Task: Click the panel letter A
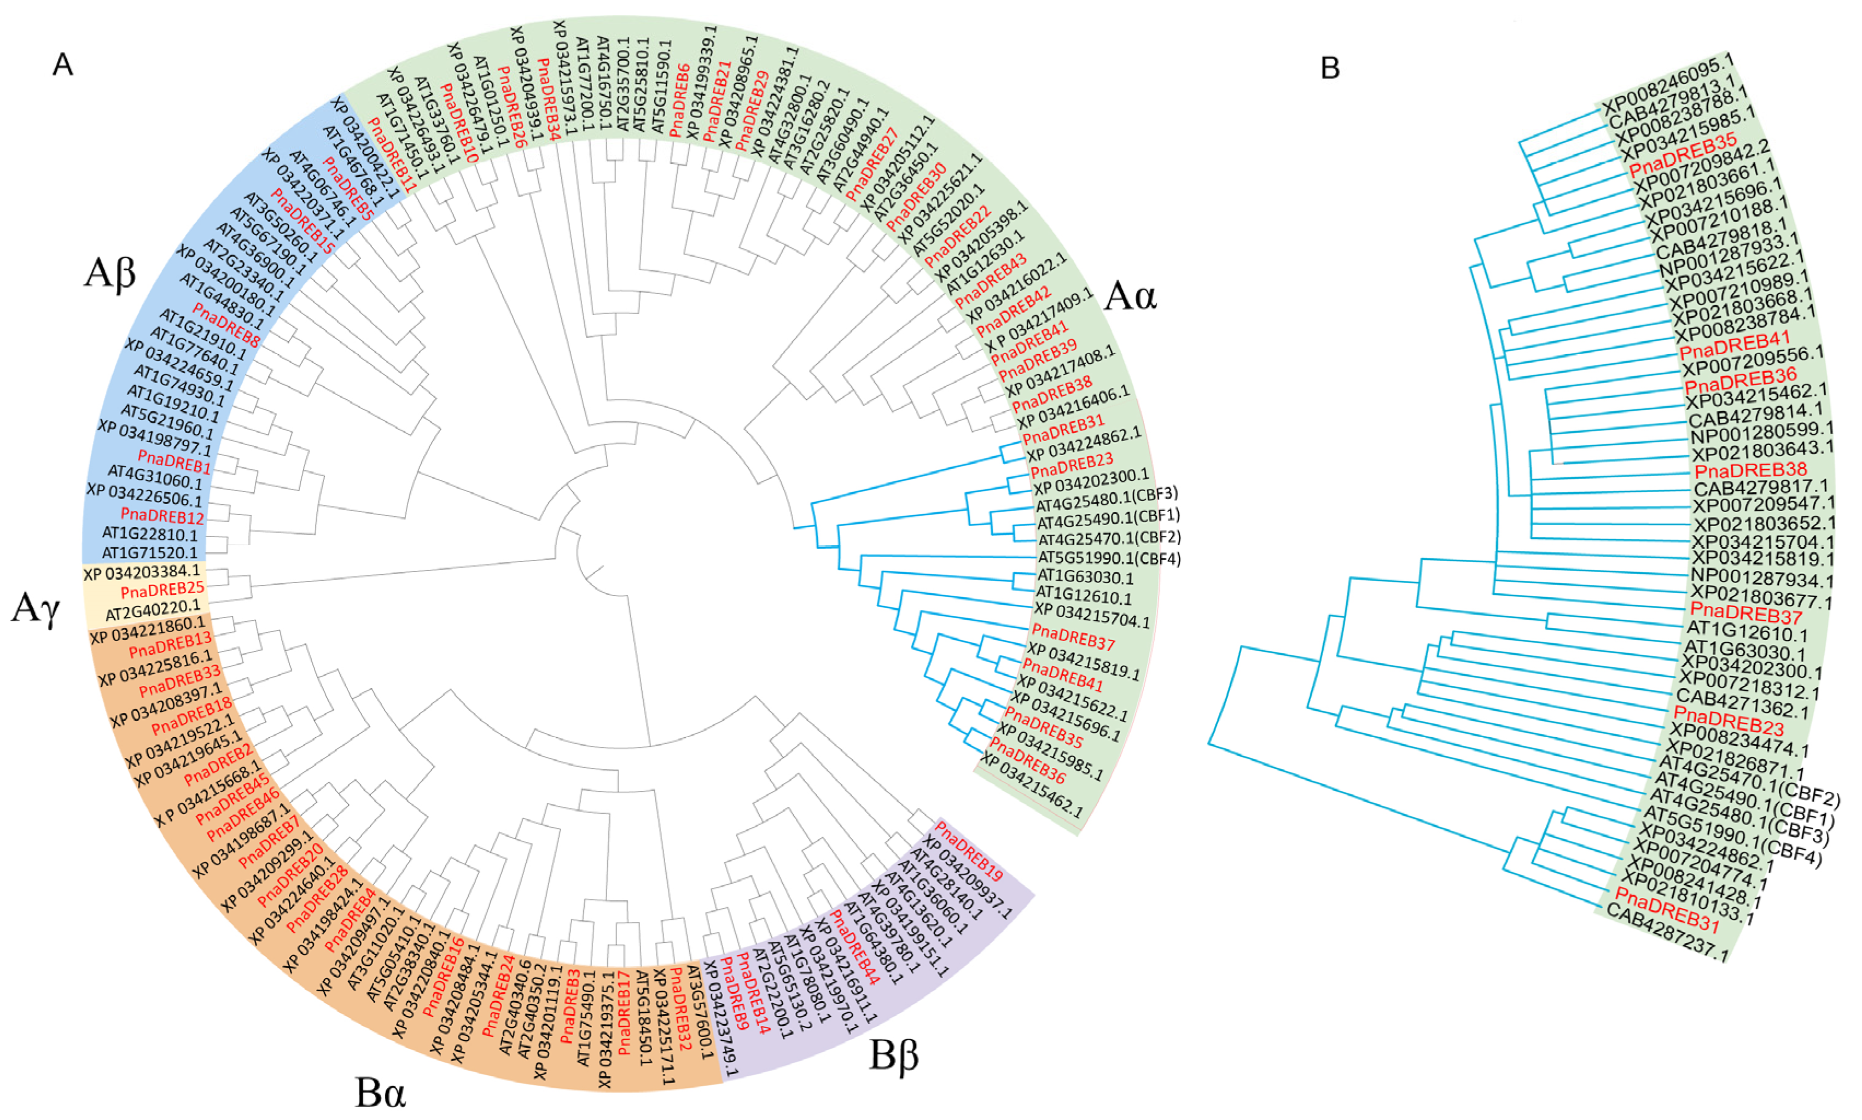tap(63, 66)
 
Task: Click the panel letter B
tap(1330, 69)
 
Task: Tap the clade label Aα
tap(1130, 296)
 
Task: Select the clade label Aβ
tap(110, 273)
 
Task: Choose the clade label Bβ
tap(894, 1055)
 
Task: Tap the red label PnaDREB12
tap(162, 516)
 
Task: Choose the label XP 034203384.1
tap(142, 573)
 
